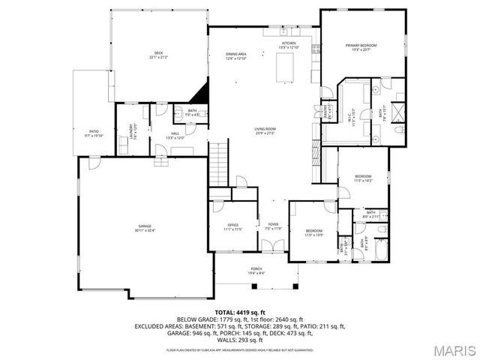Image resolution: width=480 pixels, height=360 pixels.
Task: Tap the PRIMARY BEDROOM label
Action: coord(361,47)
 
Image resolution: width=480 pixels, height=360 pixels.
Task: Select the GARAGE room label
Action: coord(145,228)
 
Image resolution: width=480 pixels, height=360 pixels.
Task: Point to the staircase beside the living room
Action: coord(217,159)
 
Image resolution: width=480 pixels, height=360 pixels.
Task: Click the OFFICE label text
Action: coord(233,226)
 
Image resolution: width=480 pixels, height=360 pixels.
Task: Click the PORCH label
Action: coord(256,270)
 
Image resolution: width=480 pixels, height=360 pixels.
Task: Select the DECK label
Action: coord(159,55)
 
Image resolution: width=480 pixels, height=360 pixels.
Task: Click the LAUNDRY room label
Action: coord(133,130)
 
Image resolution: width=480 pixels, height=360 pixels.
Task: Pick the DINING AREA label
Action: coord(237,55)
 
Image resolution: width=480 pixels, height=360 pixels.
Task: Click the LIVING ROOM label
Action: coord(265,130)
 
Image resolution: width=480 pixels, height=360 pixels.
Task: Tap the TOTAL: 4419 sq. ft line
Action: coord(240,311)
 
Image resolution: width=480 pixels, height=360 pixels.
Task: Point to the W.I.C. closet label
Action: coord(351,119)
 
